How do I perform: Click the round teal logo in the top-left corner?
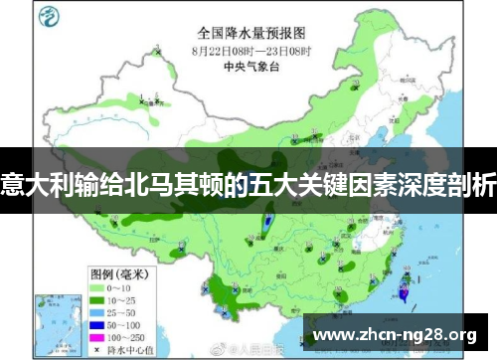tap(49, 18)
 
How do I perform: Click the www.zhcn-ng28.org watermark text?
tap(397, 332)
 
